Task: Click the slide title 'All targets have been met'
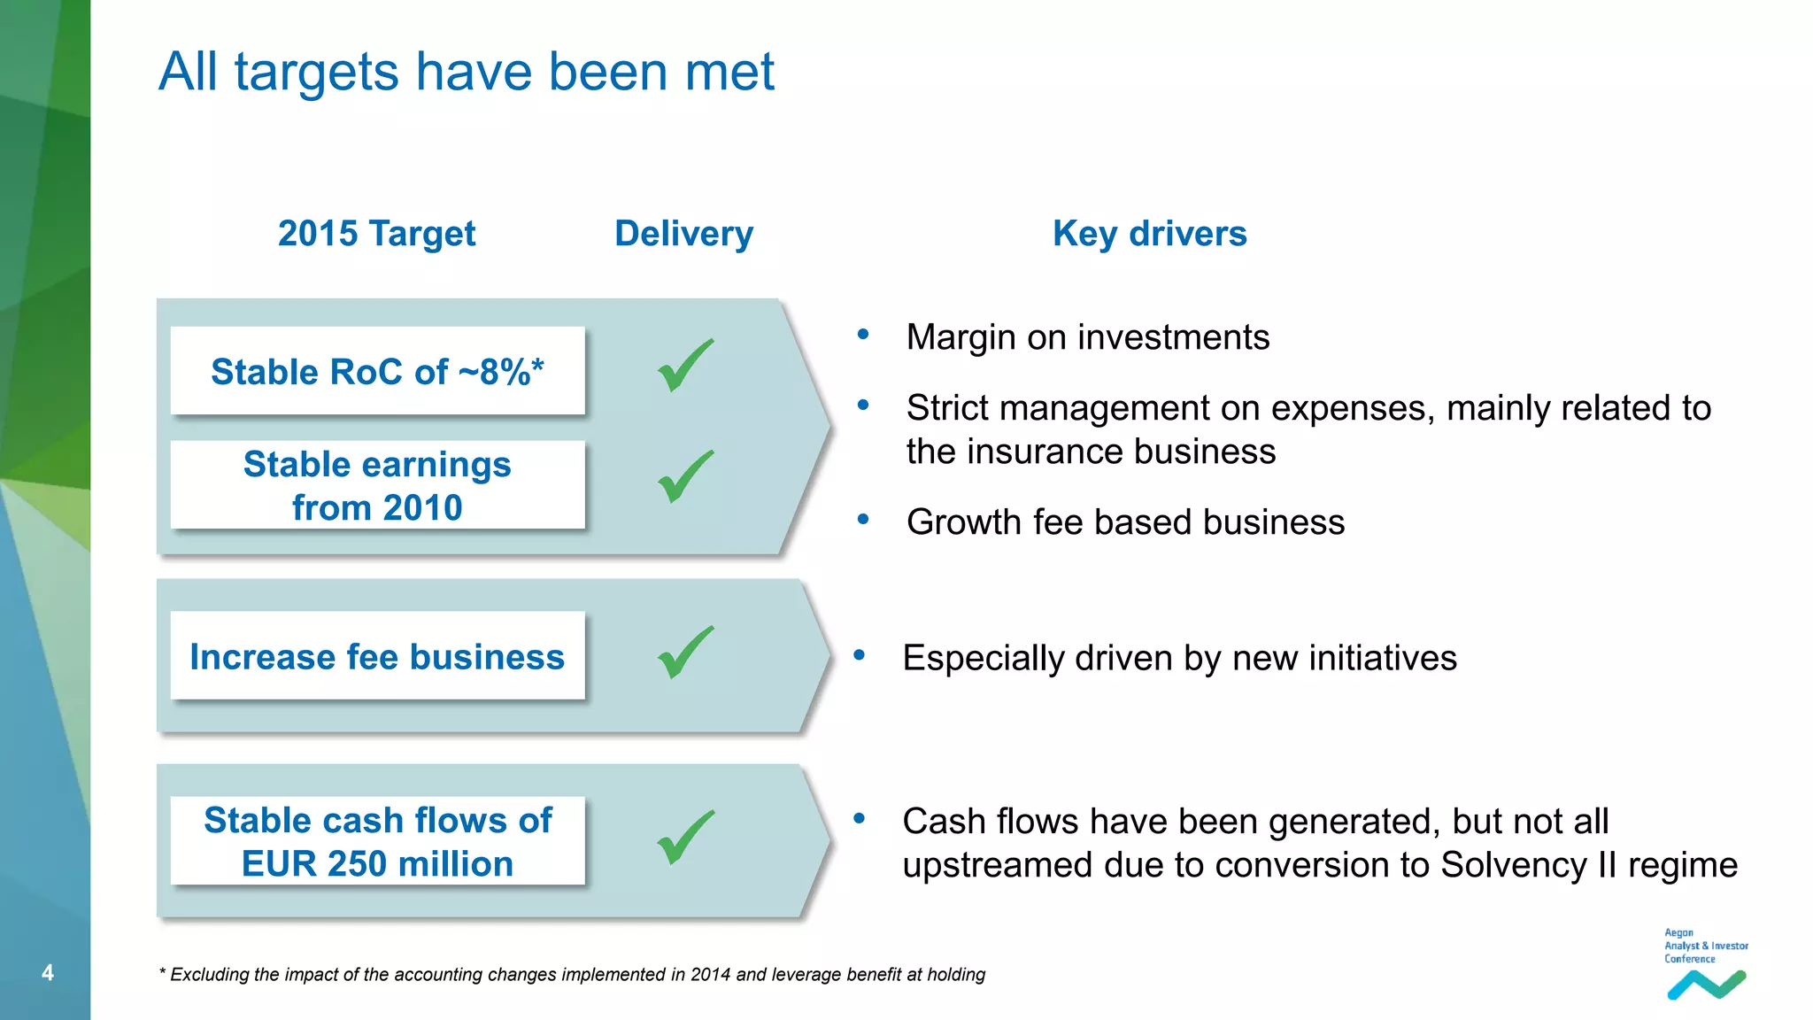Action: coord(467,72)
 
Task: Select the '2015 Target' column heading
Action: coord(376,234)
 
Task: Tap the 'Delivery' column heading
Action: coord(683,234)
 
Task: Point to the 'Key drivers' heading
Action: coord(1149,234)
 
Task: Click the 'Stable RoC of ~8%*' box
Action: coord(377,371)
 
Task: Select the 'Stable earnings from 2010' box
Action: coord(377,485)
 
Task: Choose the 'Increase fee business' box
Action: coord(377,656)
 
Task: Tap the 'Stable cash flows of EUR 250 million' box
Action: coord(377,841)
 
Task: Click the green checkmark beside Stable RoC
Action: coord(685,366)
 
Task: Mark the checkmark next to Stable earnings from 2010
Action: coord(685,477)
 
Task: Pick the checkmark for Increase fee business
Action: coord(685,653)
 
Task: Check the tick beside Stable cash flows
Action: coord(685,838)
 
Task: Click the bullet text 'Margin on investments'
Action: coord(1087,337)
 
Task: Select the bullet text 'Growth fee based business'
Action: coord(1125,522)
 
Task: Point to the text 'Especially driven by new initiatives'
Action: coord(1179,658)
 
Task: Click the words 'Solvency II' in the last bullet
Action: coord(1529,865)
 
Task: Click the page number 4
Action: coord(48,972)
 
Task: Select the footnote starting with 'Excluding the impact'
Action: coord(572,975)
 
